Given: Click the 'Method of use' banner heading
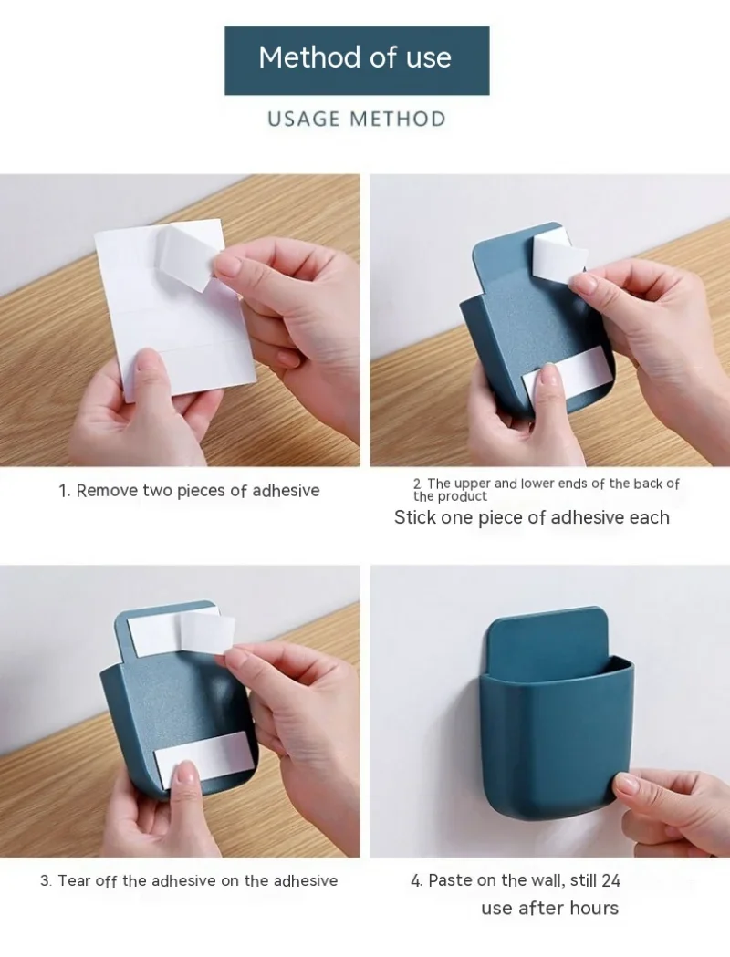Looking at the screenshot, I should [355, 57].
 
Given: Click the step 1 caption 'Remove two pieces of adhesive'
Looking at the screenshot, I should [189, 491].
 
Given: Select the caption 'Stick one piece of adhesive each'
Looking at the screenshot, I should [531, 518].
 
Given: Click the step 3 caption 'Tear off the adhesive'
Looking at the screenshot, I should [189, 880].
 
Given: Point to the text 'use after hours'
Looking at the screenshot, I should [549, 908].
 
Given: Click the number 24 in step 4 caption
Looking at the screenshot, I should [610, 880].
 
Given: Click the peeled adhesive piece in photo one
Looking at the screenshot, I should [190, 255].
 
